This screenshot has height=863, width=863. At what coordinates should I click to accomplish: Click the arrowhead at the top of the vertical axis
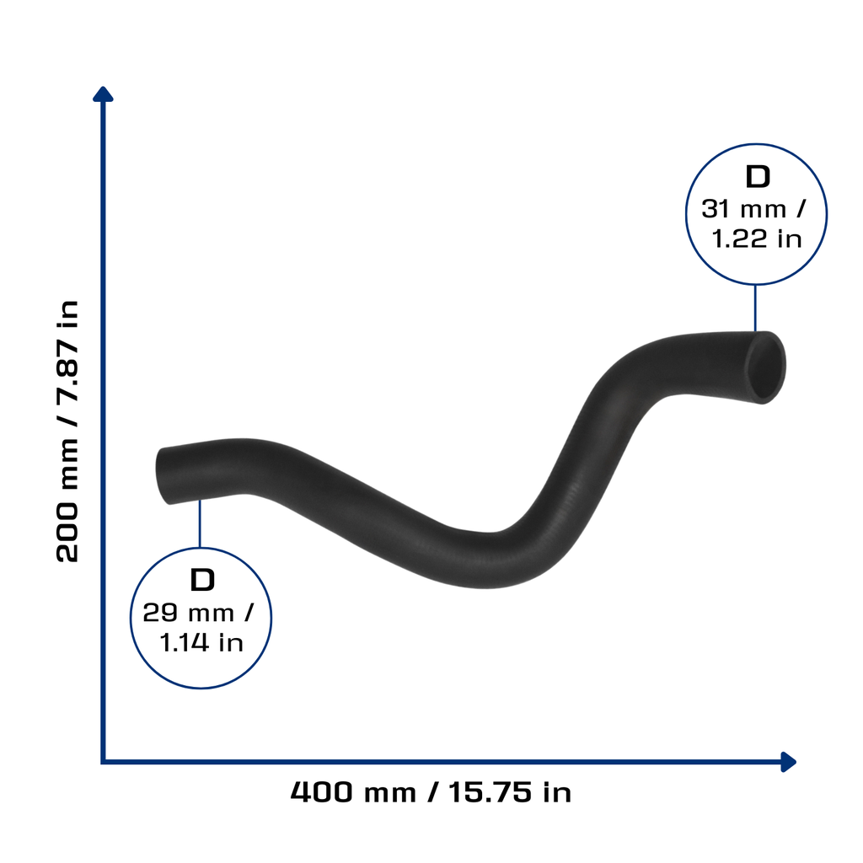(x=103, y=94)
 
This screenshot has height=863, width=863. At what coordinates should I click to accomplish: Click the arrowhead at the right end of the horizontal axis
(x=789, y=762)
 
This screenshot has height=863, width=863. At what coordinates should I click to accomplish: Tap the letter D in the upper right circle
(x=758, y=177)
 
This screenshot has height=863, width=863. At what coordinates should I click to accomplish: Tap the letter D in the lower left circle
(x=202, y=580)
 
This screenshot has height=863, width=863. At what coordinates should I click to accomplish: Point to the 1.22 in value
(x=756, y=239)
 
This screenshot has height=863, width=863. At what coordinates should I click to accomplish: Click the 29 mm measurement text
(x=188, y=613)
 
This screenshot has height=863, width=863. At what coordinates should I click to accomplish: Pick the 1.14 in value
(x=201, y=642)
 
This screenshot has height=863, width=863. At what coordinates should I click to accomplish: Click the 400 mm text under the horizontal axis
(x=353, y=792)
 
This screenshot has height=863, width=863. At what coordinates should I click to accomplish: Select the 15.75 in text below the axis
(x=510, y=792)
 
